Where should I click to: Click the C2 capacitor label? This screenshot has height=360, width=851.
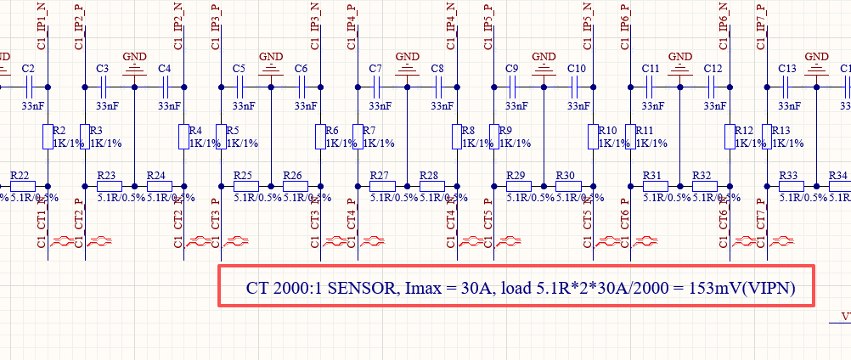[28, 68]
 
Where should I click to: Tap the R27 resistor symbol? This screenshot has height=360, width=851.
[380, 185]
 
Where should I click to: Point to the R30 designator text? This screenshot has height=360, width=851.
[566, 175]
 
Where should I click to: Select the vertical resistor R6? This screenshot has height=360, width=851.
[320, 136]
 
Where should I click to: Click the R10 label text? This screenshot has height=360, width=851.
[607, 131]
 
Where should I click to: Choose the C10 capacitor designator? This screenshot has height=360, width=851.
[576, 68]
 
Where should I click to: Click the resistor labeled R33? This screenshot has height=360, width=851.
[790, 185]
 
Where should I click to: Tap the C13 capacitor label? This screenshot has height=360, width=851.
[786, 68]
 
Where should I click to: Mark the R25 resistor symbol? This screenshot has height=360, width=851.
[243, 185]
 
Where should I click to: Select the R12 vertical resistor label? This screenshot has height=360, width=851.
[744, 131]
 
